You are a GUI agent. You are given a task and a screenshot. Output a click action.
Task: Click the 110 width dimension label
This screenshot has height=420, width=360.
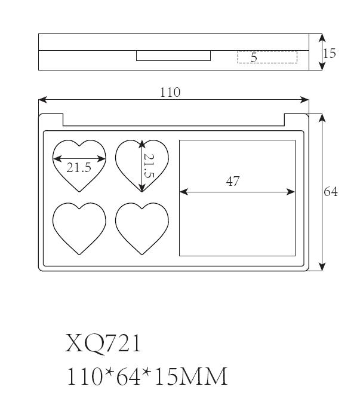(170, 93)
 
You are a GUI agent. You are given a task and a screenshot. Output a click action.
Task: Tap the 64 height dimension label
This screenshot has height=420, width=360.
(331, 192)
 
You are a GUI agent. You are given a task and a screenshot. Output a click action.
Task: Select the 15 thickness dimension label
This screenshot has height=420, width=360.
(329, 53)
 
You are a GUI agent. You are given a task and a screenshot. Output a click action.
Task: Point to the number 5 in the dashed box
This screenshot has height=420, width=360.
(254, 57)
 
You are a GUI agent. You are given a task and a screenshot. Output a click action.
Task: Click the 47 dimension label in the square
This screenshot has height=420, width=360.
(233, 182)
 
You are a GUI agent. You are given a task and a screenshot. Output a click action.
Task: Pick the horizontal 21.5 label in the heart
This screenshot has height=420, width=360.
(79, 168)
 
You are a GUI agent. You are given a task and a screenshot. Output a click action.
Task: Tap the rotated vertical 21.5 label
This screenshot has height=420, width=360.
(149, 165)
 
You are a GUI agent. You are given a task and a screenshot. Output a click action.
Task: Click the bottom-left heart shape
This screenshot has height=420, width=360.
(79, 228)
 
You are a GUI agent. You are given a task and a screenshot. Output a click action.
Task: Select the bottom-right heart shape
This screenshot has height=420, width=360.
(142, 228)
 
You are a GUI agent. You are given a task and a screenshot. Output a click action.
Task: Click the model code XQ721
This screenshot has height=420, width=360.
(103, 344)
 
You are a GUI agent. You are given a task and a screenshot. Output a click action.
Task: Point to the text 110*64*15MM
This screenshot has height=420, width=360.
(147, 376)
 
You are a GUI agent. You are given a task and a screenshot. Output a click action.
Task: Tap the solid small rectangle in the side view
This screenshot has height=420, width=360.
(173, 56)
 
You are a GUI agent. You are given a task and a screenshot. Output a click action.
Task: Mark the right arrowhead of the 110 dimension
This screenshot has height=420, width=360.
(304, 100)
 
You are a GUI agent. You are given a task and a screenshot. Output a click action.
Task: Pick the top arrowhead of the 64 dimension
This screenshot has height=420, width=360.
(322, 118)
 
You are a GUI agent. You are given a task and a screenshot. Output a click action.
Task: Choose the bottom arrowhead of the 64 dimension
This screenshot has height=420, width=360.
(322, 266)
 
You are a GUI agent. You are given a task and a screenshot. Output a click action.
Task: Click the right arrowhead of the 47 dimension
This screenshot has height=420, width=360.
(291, 192)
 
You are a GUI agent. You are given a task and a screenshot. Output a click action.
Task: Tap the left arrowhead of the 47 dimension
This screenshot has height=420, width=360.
(184, 192)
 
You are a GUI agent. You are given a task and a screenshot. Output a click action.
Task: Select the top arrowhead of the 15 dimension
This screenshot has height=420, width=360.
(322, 38)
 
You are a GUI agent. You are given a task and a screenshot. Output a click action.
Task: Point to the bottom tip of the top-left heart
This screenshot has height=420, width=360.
(79, 192)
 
